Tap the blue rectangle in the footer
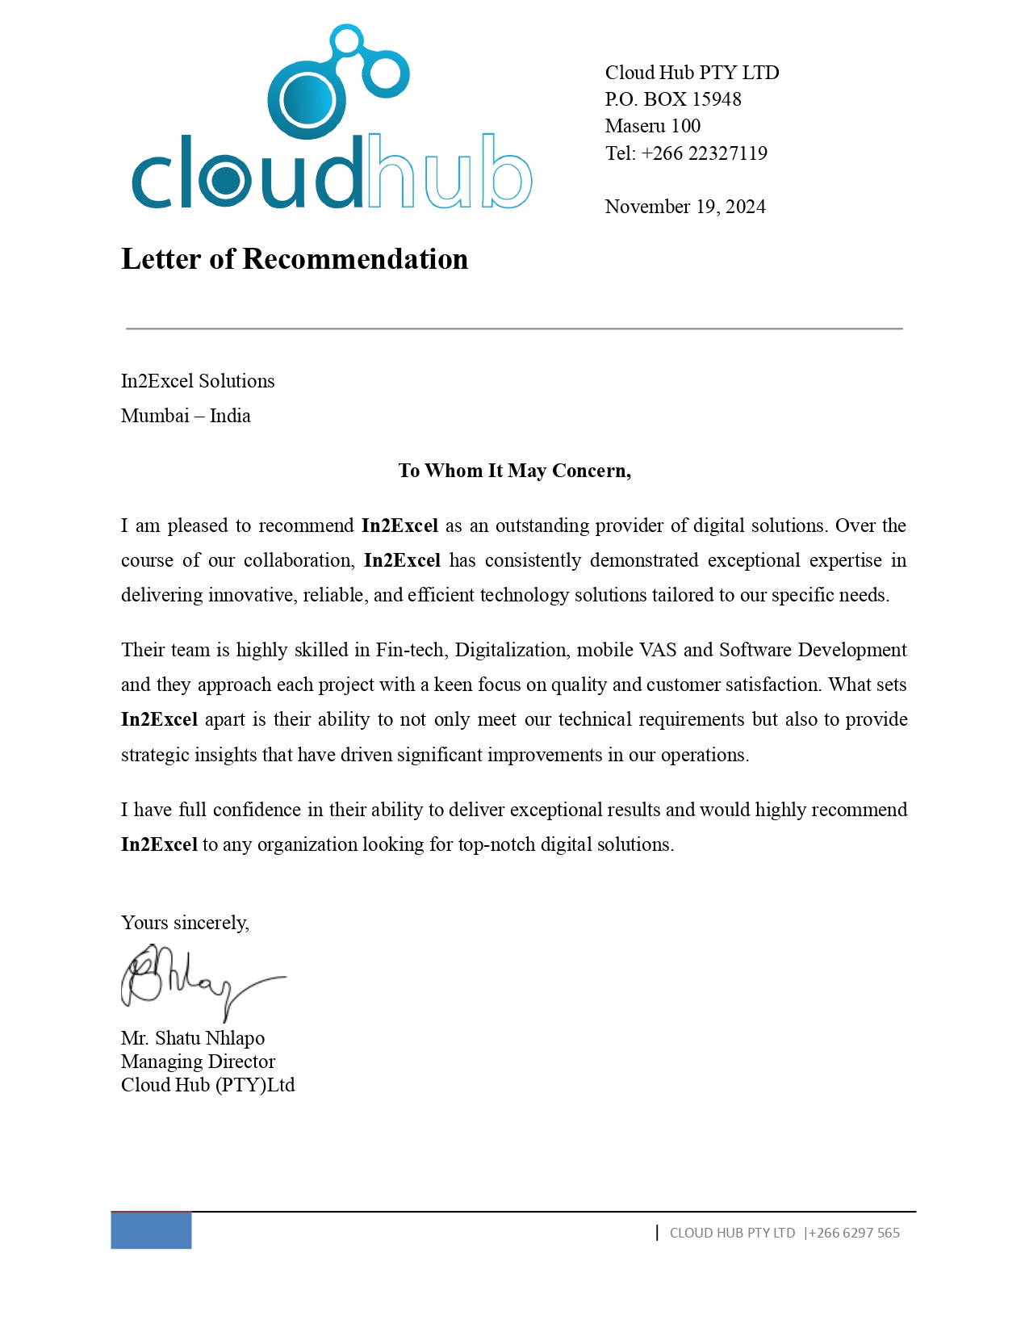pos(151,1230)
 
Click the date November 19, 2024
pos(684,207)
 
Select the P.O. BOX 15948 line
pos(672,99)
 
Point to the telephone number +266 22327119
pos(704,153)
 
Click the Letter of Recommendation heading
pos(295,259)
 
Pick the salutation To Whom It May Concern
pos(514,471)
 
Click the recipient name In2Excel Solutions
pos(198,381)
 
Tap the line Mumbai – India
pos(186,416)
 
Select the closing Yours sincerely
pos(185,923)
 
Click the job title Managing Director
pos(198,1062)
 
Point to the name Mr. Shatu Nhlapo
pos(193,1038)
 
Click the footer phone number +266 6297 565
pos(854,1233)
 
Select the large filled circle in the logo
pos(307,100)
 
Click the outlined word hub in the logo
pos(450,171)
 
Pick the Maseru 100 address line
pos(652,126)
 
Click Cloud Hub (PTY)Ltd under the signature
pos(207,1085)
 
